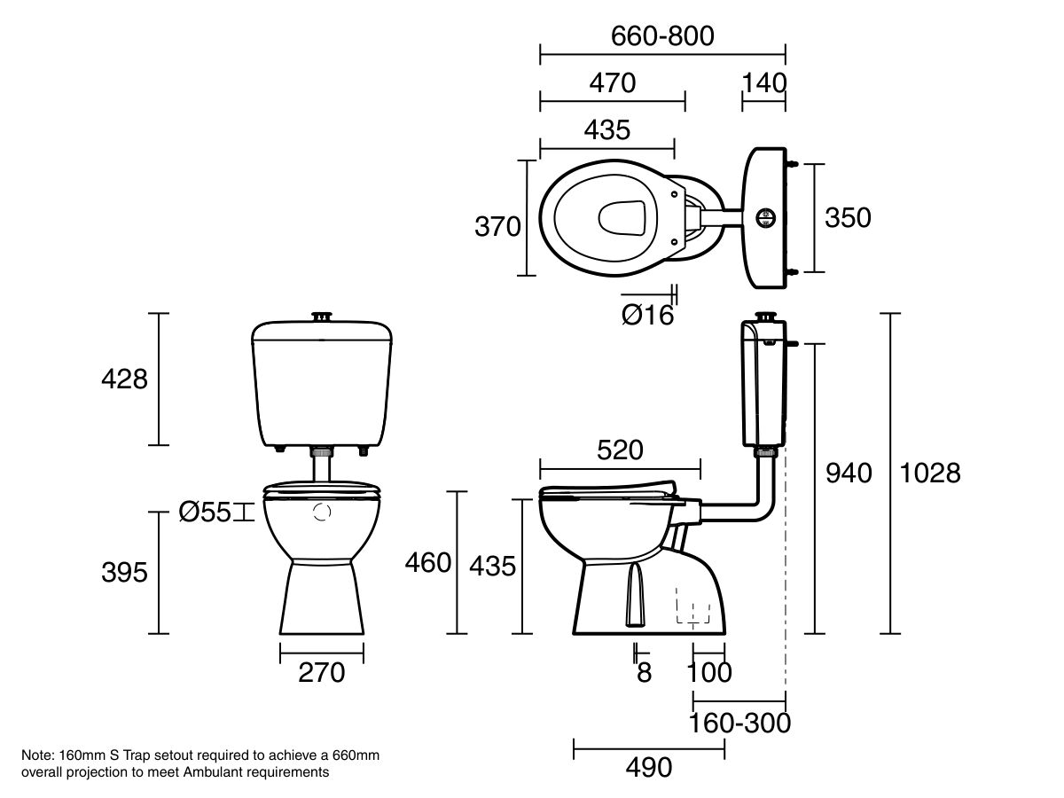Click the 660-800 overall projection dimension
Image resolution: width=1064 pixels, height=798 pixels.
point(662,35)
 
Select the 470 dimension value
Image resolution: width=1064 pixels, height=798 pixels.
point(613,82)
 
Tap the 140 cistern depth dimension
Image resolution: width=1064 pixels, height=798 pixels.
point(763,82)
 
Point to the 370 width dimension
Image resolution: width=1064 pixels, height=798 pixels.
point(497,227)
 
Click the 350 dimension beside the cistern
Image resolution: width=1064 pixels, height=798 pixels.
point(848,217)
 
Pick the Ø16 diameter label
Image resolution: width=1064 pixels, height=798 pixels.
point(647,315)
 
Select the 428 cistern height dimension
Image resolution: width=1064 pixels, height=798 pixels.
point(124,379)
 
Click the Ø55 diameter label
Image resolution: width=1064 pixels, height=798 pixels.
point(205,512)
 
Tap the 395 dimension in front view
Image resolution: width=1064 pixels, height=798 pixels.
point(124,573)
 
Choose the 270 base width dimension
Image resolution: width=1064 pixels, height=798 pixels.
point(321,673)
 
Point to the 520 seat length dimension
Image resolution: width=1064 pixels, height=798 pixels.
point(619,450)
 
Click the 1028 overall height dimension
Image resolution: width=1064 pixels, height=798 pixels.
point(930,473)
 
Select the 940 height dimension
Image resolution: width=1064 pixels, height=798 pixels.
point(849,473)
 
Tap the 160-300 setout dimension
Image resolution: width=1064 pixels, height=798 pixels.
point(739,724)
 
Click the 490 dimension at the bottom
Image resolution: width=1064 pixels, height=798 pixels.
point(649,767)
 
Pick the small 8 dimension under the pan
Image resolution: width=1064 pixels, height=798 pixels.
point(644,673)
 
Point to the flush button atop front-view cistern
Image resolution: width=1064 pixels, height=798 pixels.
point(322,316)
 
